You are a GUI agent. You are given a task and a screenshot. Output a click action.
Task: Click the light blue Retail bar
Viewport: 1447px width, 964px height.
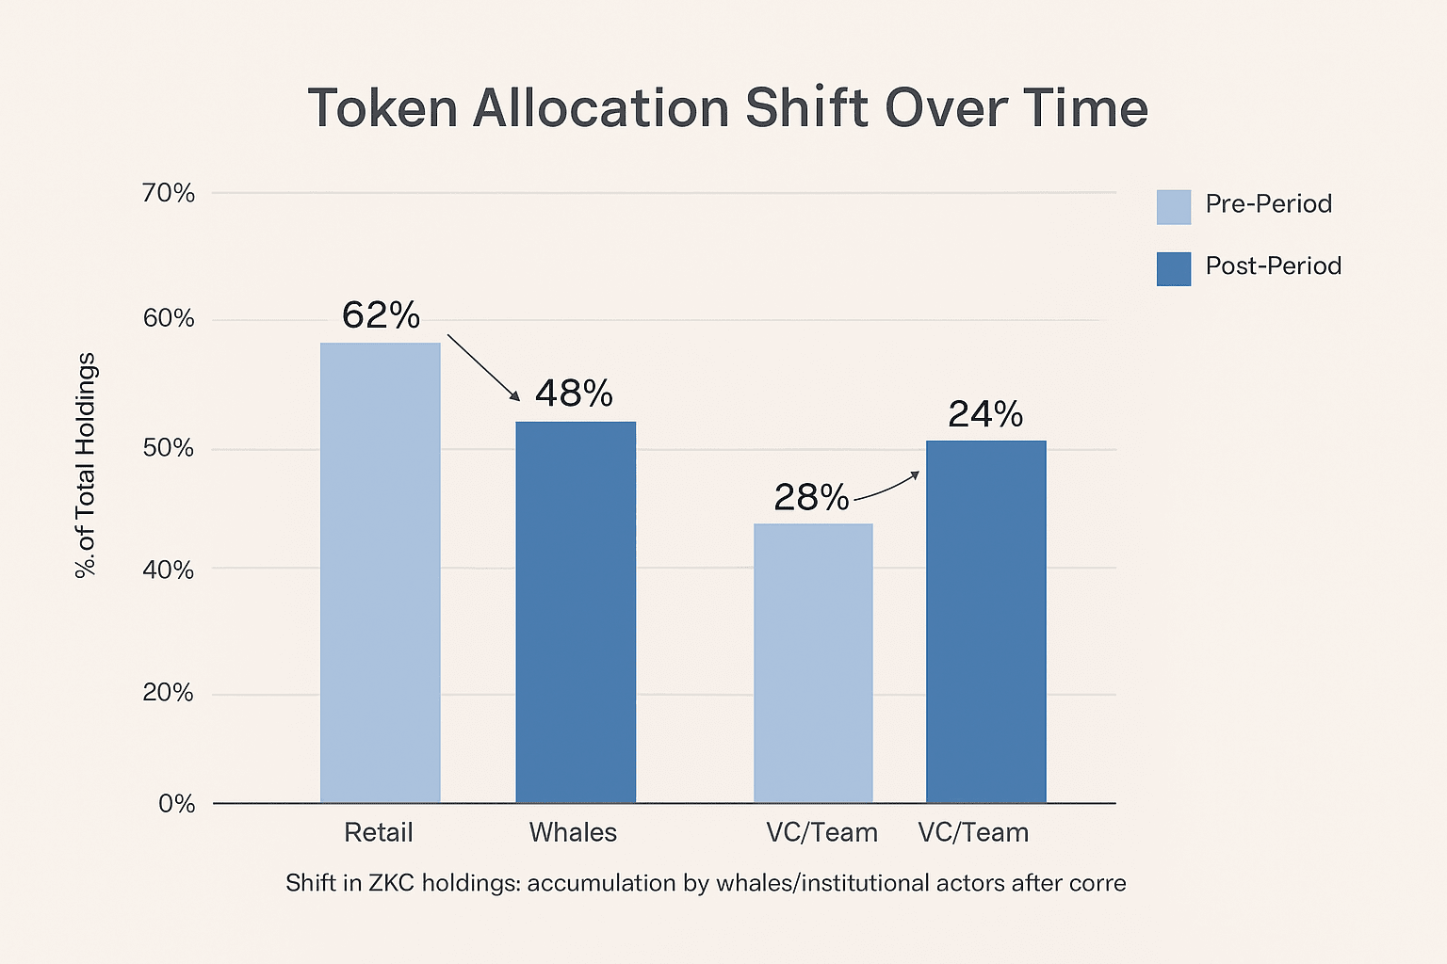click(380, 572)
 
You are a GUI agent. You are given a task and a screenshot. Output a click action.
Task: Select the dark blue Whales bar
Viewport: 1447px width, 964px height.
click(575, 612)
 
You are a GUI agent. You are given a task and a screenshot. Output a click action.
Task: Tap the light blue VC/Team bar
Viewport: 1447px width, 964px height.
click(813, 663)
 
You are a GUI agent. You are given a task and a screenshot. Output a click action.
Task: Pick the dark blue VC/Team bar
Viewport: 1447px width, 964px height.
click(985, 621)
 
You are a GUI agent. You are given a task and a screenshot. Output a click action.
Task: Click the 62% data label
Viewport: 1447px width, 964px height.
click(381, 315)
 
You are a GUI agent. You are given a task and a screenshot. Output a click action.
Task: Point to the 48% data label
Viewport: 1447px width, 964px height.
click(574, 394)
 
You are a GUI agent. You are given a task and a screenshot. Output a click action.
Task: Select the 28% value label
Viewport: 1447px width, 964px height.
click(811, 497)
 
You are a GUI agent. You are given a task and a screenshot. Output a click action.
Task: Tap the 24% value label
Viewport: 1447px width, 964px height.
click(985, 414)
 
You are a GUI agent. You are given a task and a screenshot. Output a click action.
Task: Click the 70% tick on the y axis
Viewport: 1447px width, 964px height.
click(168, 194)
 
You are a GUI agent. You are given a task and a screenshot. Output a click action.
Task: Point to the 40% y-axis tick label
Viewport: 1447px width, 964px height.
click(168, 570)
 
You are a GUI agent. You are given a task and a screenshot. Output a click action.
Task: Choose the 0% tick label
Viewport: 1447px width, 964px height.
click(176, 804)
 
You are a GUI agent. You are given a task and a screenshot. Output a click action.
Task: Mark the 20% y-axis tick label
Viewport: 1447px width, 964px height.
click(168, 694)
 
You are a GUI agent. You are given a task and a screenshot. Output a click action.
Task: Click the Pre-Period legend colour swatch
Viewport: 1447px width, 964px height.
click(1174, 207)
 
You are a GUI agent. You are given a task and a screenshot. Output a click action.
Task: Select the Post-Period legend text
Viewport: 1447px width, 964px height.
click(1273, 266)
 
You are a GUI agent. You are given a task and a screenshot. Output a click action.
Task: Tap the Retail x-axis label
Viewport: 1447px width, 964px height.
click(379, 833)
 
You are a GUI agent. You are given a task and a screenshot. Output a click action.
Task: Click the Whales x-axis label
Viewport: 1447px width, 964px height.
click(573, 833)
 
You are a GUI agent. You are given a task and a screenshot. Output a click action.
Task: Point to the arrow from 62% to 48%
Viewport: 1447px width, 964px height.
click(482, 367)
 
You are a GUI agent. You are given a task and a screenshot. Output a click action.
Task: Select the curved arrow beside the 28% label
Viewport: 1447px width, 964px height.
click(886, 486)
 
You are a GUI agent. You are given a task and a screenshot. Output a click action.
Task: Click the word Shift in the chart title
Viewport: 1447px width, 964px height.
click(806, 108)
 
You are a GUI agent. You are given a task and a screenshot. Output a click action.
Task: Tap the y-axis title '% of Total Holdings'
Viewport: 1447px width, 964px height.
click(87, 465)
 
